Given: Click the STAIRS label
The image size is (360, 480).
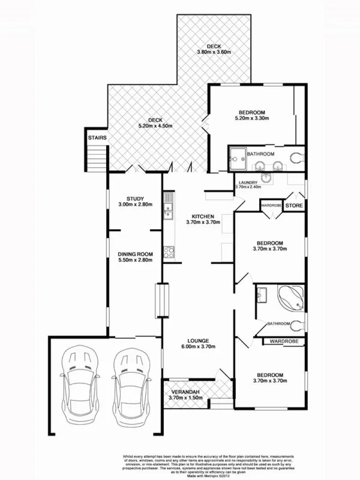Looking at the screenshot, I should pos(97,139).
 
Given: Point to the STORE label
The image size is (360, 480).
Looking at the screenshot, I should pos(293,206).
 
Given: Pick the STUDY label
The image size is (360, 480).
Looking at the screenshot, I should pos(136,199).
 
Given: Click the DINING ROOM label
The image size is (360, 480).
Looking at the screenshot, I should pos(136,254).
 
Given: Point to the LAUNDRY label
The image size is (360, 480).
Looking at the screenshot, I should pos(248,182).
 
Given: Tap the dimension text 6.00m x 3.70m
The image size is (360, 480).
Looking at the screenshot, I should pos(199,346).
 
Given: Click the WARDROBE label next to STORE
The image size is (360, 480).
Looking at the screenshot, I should pos(272,206).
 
